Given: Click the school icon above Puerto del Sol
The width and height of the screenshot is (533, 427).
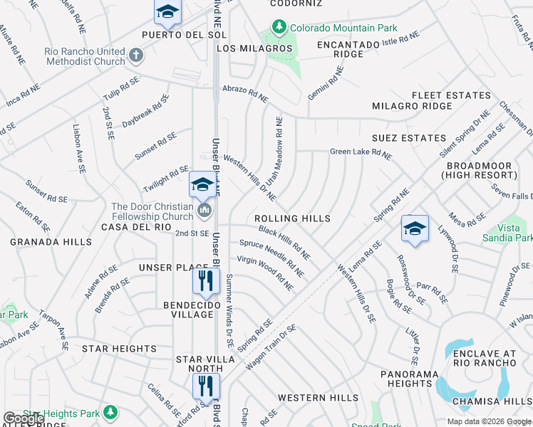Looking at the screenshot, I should coord(167,11).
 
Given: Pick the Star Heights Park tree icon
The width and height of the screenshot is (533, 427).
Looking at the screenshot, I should coord(110,412).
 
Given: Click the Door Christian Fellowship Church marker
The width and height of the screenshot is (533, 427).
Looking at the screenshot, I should coord(206,210).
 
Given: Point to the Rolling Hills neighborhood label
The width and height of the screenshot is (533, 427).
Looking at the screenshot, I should coord(293,218).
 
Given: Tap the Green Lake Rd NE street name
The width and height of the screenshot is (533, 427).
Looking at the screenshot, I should coord(361,152).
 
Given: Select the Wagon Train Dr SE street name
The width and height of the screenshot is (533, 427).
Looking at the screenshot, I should coord(270,347).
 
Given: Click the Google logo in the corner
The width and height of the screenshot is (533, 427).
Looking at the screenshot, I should coord(24,418).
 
